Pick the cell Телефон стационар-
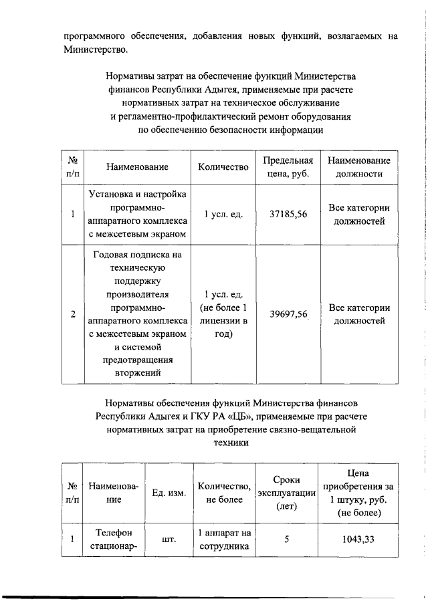pos(113,539)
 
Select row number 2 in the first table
pos(72,314)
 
